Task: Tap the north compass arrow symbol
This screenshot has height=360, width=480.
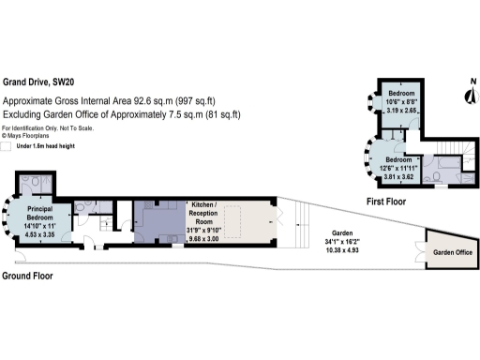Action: click(x=469, y=94)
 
